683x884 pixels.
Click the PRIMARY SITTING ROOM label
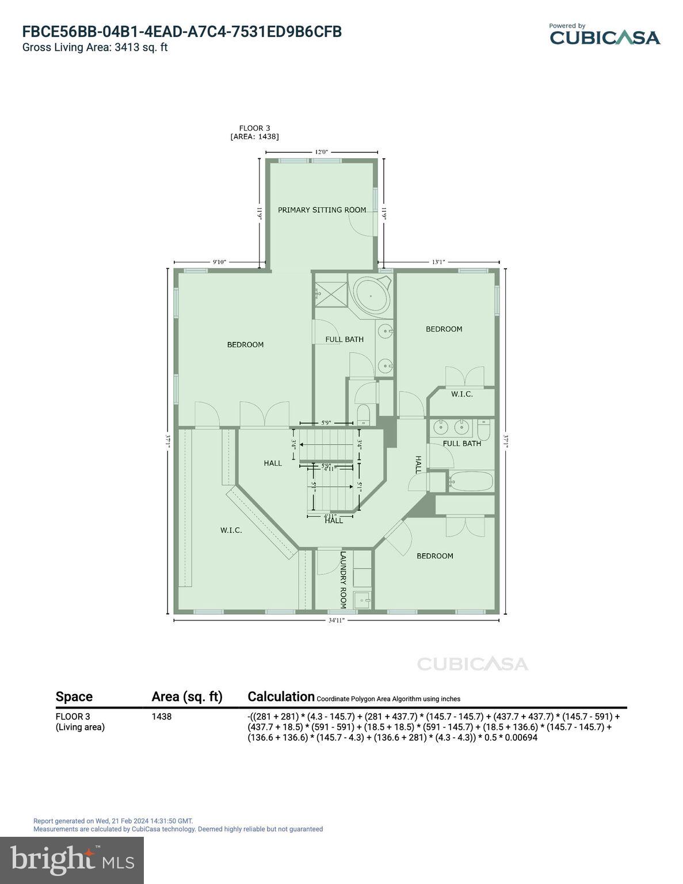click(x=322, y=210)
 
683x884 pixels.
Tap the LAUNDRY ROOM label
click(x=343, y=580)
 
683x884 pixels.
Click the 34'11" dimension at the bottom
click(x=336, y=620)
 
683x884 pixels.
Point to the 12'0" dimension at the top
click(x=321, y=152)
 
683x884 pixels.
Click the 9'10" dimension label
click(x=219, y=262)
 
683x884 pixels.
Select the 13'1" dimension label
click(x=438, y=262)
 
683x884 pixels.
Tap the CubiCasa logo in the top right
click(x=604, y=35)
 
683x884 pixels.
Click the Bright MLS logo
click(x=72, y=860)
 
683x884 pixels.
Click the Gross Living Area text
click(x=95, y=48)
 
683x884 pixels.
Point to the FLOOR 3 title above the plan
click(x=254, y=128)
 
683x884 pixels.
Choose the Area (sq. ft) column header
click(x=186, y=696)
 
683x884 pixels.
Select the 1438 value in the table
click(x=162, y=717)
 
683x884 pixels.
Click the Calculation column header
click(x=281, y=696)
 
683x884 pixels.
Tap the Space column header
click(x=74, y=696)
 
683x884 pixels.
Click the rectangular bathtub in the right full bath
click(x=471, y=481)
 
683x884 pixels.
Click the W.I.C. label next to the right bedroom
click(x=461, y=394)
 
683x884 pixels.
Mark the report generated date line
click(x=113, y=821)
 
